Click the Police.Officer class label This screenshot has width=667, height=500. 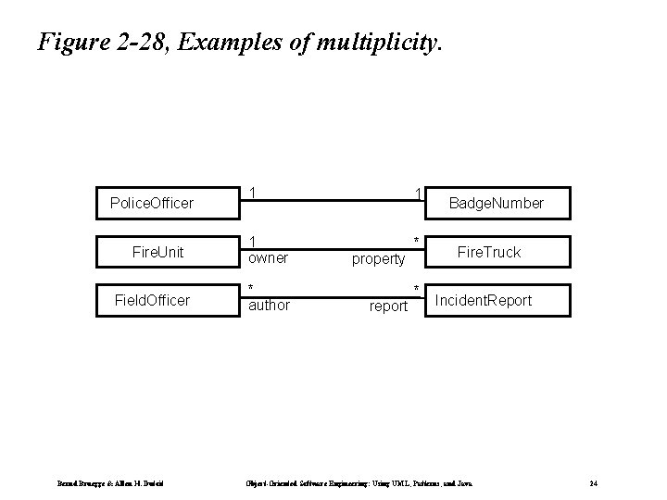point(152,202)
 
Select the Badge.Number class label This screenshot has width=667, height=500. point(496,203)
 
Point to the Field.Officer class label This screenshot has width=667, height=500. point(152,300)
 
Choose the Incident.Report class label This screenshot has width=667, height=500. point(484,300)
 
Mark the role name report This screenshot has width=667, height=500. point(388,306)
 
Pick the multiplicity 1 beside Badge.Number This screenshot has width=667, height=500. point(419,194)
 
